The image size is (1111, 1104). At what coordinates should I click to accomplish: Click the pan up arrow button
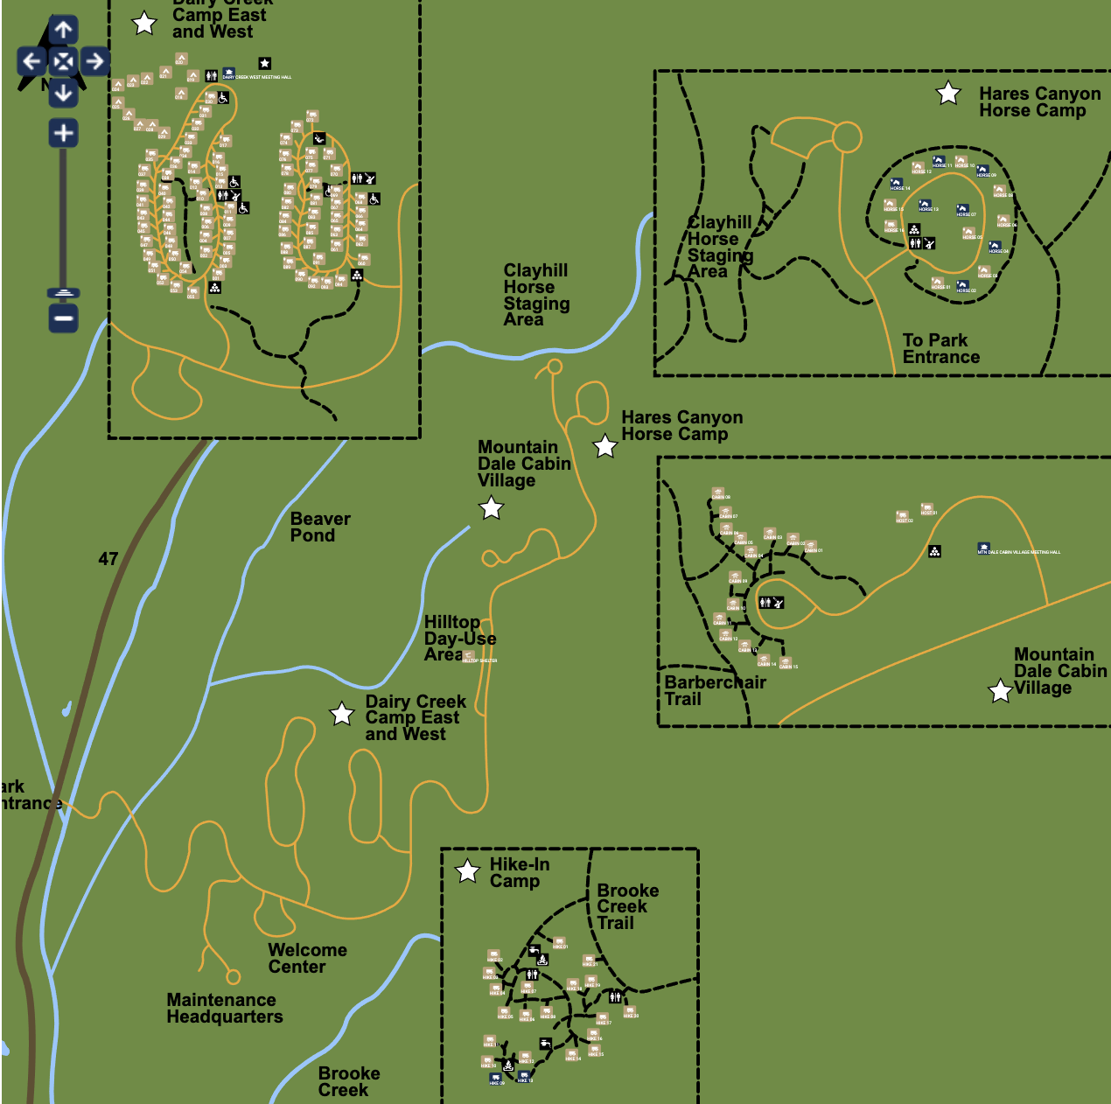(x=63, y=31)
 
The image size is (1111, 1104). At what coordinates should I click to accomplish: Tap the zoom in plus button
(x=63, y=133)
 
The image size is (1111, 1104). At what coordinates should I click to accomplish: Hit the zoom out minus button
(x=63, y=318)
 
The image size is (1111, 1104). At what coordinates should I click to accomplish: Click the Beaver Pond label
(x=319, y=527)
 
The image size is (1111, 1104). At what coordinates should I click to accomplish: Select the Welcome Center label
(x=307, y=958)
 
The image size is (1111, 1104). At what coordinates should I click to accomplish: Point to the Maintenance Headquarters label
(x=225, y=1008)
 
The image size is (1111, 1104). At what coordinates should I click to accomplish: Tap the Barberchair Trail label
(x=714, y=690)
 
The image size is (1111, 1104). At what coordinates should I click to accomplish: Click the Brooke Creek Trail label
(x=627, y=906)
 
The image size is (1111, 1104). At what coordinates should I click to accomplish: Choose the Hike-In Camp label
(x=519, y=872)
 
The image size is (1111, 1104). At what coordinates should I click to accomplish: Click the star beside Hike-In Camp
(x=468, y=871)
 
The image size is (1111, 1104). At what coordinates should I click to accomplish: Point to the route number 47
(x=108, y=558)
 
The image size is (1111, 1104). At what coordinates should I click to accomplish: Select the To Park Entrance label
(x=940, y=348)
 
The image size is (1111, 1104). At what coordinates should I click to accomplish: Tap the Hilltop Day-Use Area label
(x=458, y=638)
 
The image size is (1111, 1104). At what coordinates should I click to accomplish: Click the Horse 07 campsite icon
(x=962, y=210)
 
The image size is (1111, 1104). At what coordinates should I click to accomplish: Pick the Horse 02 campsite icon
(x=962, y=285)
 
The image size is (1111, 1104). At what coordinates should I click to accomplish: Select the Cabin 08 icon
(x=717, y=493)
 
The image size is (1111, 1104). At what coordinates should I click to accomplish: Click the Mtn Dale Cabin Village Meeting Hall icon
(x=983, y=548)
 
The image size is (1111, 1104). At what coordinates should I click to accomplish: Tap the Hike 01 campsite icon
(x=559, y=942)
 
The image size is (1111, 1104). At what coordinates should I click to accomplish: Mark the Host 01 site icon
(x=927, y=508)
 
